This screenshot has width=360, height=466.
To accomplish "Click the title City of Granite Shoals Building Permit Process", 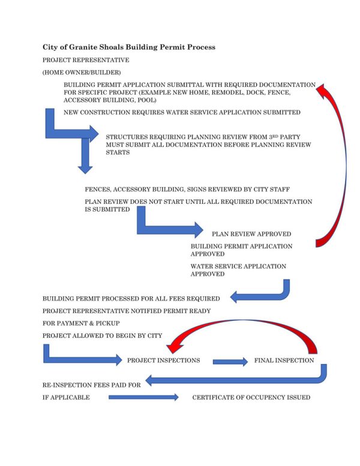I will click(128, 47).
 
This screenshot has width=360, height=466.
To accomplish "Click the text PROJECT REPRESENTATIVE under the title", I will click(85, 60).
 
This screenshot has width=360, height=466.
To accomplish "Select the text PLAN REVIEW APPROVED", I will click(251, 234).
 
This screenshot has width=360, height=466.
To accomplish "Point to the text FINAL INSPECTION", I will click(284, 360).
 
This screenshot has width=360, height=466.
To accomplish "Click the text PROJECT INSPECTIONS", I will click(163, 360).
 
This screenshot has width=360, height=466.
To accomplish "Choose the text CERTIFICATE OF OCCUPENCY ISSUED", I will click(251, 397).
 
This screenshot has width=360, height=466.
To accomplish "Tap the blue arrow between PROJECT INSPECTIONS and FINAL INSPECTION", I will click(230, 362).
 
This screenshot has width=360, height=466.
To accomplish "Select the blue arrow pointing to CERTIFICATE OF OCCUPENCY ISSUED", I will click(143, 397).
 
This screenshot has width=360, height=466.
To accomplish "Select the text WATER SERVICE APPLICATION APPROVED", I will click(238, 270).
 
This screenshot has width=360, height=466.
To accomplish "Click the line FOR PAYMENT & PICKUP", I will click(82, 323).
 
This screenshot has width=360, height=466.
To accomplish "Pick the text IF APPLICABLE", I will click(66, 397).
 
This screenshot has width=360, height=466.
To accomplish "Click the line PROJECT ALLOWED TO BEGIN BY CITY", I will click(102, 335).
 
